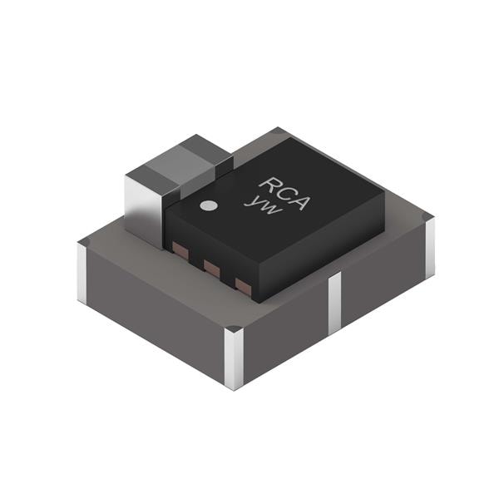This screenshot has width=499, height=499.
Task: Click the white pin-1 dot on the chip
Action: click(210, 205)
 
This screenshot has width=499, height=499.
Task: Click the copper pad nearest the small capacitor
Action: click(178, 248)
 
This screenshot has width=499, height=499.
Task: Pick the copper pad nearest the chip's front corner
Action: click(243, 286)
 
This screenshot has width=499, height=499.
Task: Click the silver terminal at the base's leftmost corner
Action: click(82, 270)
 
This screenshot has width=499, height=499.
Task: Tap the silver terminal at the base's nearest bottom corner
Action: click(234, 357)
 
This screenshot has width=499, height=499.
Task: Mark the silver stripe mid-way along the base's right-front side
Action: click(335, 301)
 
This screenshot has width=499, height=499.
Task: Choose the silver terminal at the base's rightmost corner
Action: click(429, 245)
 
